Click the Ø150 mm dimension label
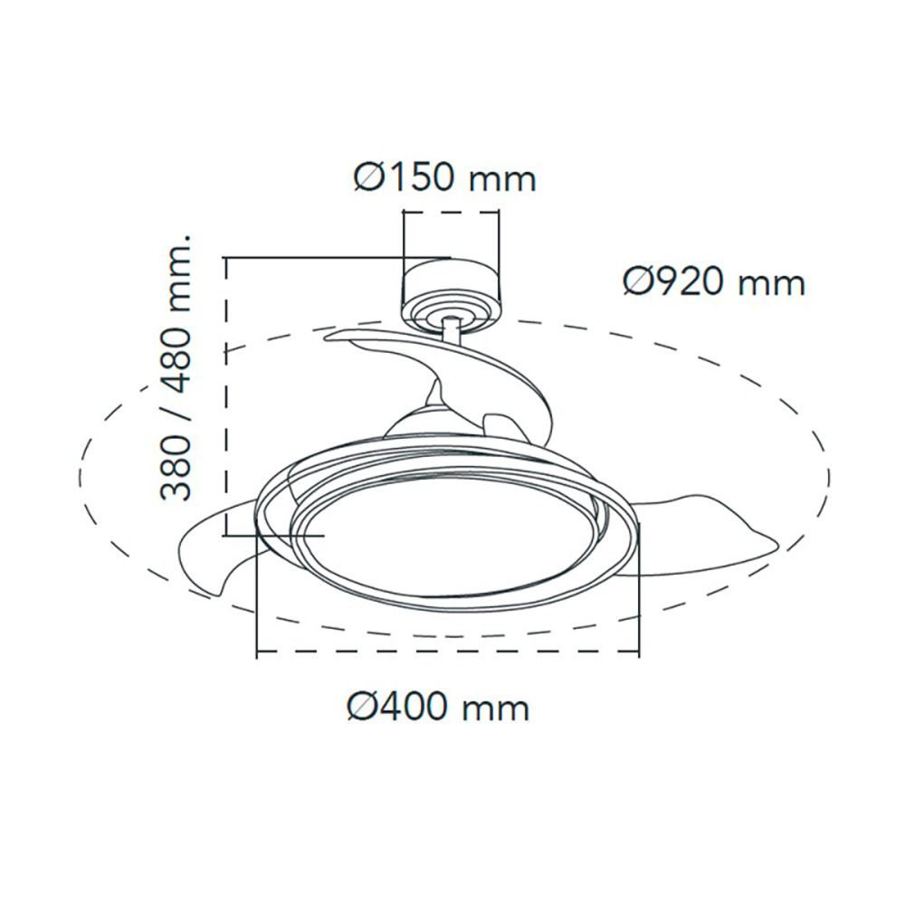[x=443, y=177]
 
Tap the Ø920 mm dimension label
[x=713, y=282]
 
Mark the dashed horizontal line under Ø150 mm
[x=451, y=213]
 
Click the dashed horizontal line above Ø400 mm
[x=448, y=653]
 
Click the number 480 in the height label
[x=177, y=352]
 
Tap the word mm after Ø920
[x=771, y=284]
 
